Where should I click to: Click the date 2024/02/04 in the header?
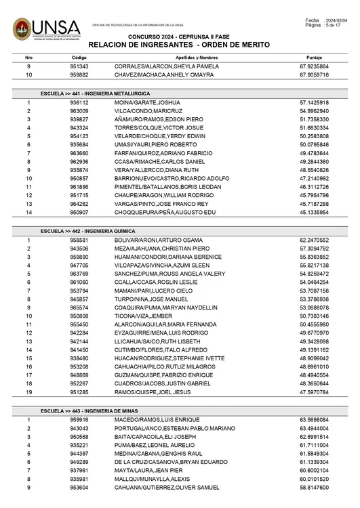click(336, 21)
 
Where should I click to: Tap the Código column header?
click(79, 58)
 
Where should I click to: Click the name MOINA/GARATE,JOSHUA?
click(142, 102)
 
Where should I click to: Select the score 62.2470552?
click(314, 240)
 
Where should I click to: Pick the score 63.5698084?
click(314, 420)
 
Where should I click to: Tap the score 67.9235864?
click(314, 67)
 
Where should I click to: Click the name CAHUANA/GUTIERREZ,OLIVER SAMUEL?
click(165, 488)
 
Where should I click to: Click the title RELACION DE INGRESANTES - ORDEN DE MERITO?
click(179, 44)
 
